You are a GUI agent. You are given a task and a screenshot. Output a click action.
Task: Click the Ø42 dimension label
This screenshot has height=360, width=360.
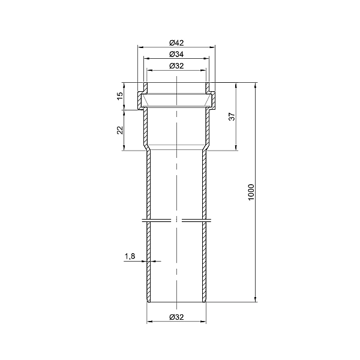click(x=176, y=43)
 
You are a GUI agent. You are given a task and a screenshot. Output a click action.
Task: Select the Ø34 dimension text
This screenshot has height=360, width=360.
click(x=176, y=55)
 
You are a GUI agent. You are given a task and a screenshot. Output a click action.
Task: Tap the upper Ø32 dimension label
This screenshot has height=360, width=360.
click(x=176, y=66)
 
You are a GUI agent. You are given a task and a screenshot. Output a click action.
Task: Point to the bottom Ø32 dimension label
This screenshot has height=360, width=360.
click(x=176, y=317)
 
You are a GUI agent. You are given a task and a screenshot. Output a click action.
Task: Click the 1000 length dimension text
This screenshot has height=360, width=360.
click(x=251, y=192)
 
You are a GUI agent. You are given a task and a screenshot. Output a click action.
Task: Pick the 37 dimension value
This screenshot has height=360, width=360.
click(x=233, y=116)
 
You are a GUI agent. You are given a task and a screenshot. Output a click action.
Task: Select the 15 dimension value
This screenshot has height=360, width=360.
click(x=120, y=96)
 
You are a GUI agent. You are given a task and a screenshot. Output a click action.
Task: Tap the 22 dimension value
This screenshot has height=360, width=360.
click(x=120, y=130)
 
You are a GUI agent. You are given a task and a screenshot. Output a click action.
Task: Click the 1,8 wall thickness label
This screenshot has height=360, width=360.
click(x=130, y=256)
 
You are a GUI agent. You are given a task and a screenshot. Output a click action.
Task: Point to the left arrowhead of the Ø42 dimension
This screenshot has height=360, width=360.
click(x=140, y=47)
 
